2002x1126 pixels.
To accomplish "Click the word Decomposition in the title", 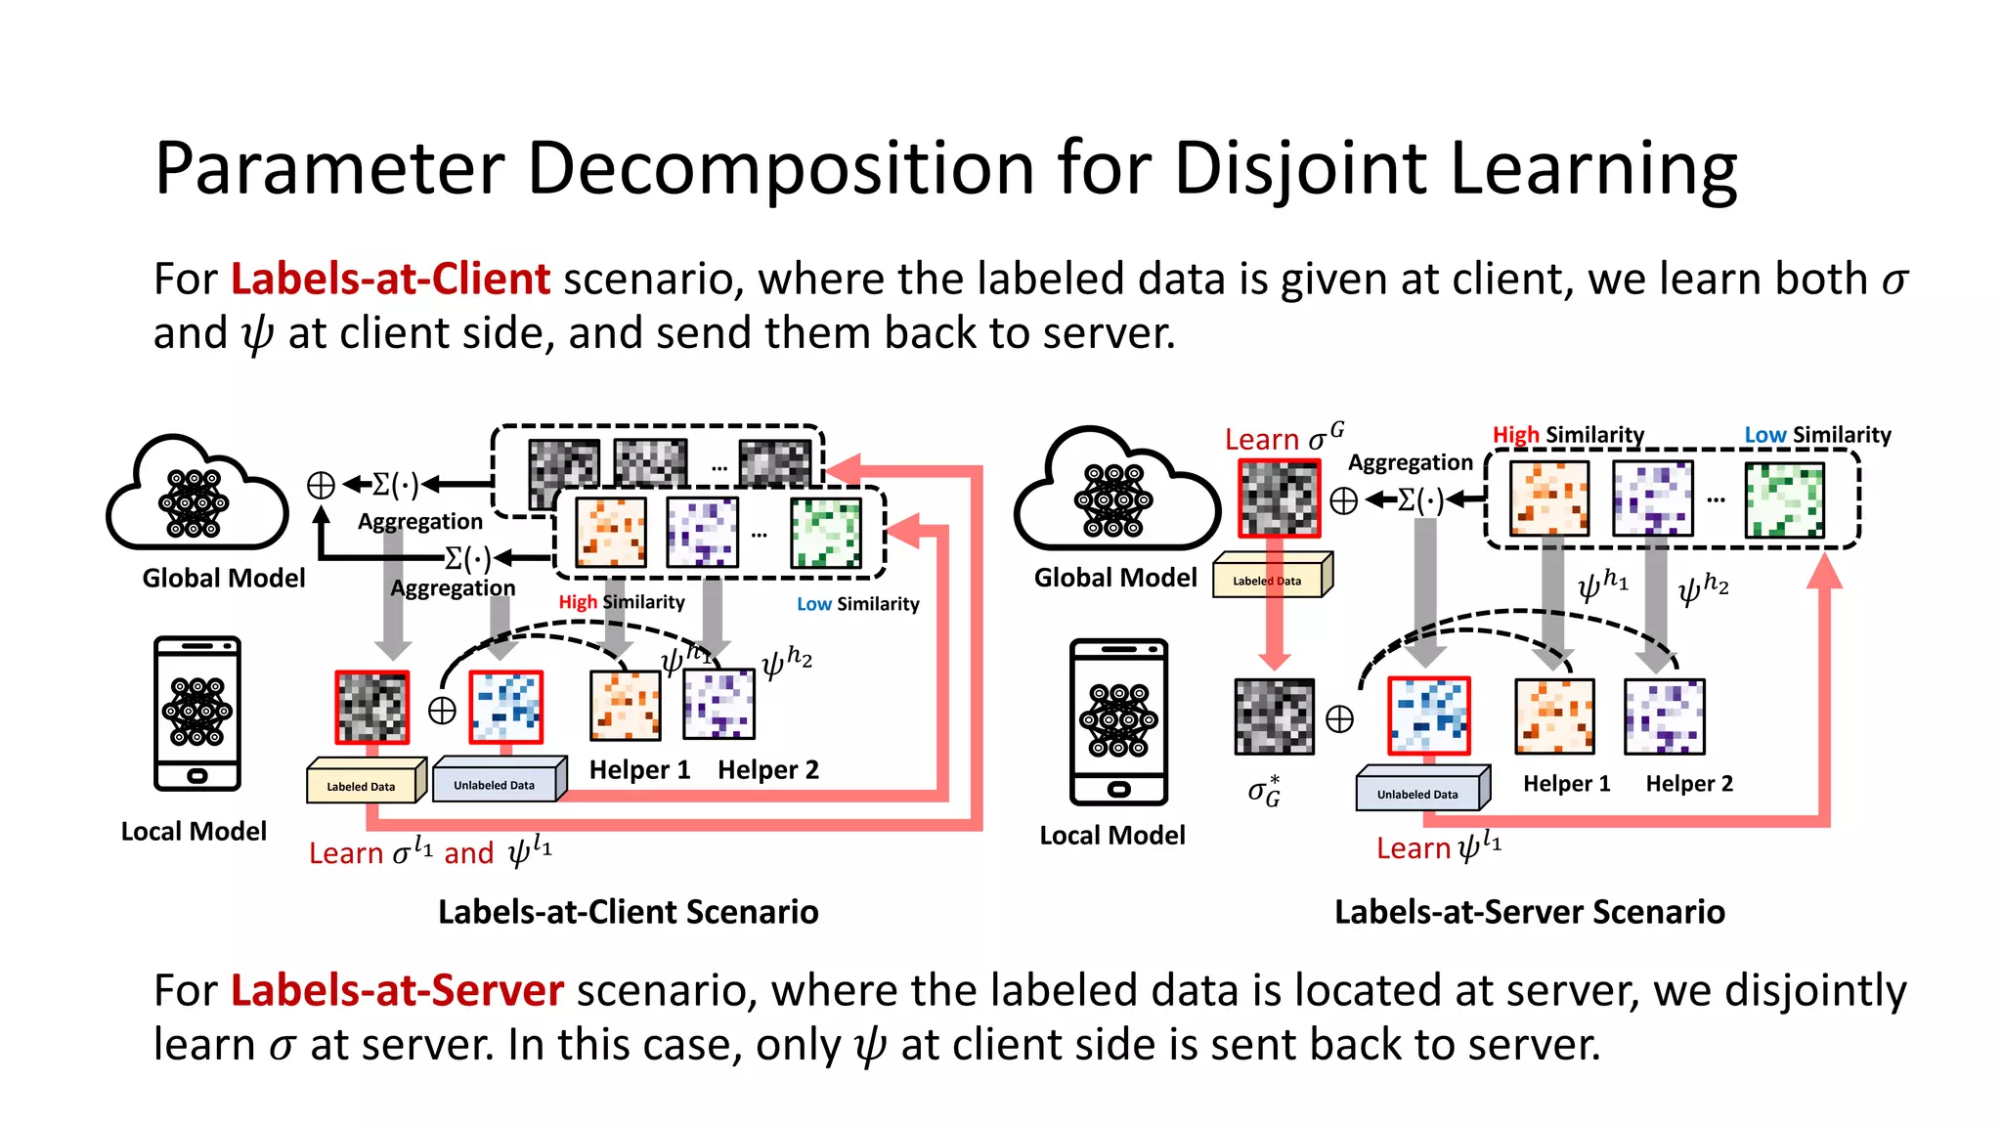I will (x=780, y=168).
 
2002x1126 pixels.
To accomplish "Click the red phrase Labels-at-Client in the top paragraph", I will (x=390, y=280).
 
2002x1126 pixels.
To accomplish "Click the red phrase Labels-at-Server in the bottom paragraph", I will (x=397, y=990).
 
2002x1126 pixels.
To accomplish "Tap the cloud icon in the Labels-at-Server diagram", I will (x=1114, y=494).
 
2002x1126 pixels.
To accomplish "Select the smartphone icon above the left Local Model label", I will (x=196, y=713).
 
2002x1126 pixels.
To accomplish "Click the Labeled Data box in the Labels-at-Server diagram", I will (x=1271, y=578).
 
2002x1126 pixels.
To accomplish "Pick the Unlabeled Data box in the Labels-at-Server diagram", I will (x=1421, y=790).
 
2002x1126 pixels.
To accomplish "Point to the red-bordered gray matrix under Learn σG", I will (x=1279, y=498).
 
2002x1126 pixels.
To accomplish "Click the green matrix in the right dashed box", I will (x=1784, y=500).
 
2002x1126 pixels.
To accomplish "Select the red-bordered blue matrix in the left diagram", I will (x=505, y=707).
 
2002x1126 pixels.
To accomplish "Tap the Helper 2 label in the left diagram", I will (x=767, y=770).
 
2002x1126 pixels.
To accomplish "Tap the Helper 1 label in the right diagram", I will (x=1566, y=784).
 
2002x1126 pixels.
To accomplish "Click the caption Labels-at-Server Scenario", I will (x=1529, y=912).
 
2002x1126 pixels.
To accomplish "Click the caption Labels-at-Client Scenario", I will (x=628, y=912).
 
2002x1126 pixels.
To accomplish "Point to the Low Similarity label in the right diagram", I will (x=1817, y=435).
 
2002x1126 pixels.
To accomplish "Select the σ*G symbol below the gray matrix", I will (x=1264, y=791).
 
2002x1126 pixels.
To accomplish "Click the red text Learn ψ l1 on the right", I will (x=1437, y=846).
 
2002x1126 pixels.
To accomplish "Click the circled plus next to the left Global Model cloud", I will (x=321, y=485).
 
